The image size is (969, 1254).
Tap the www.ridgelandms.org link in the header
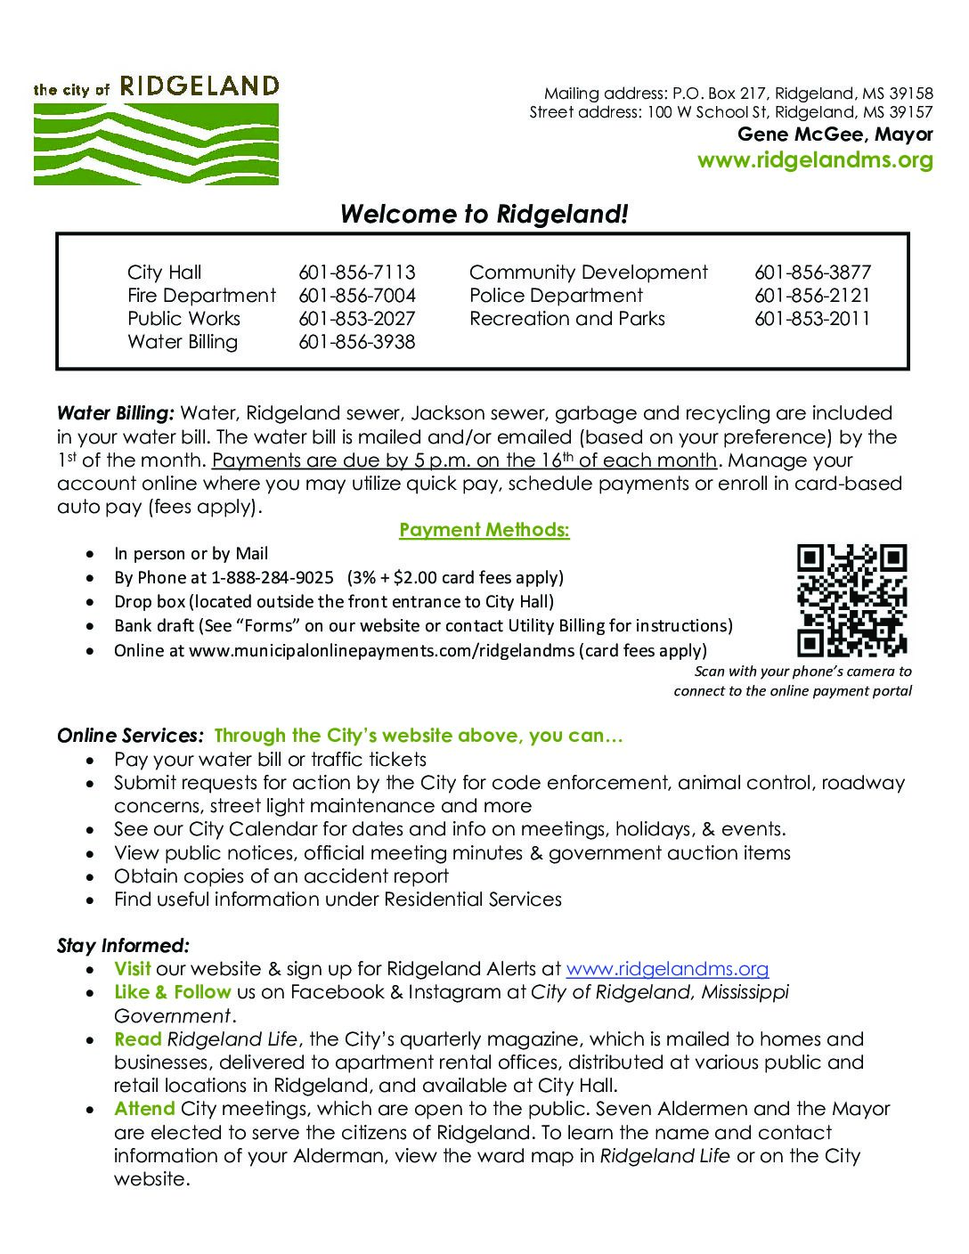click(x=814, y=160)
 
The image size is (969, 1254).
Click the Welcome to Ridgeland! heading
click(x=484, y=215)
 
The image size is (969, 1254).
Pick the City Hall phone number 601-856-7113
click(x=356, y=273)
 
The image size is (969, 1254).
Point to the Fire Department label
click(x=201, y=296)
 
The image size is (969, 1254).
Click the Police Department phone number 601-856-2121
click(x=811, y=296)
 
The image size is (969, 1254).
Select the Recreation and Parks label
click(x=566, y=319)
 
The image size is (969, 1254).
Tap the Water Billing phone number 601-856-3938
click(x=356, y=342)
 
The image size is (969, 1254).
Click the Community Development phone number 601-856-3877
click(x=811, y=273)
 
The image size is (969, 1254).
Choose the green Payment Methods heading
click(x=484, y=530)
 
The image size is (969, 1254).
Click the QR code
click(x=851, y=600)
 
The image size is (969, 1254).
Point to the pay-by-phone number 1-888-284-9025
click(x=273, y=577)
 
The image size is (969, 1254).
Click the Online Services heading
click(x=130, y=736)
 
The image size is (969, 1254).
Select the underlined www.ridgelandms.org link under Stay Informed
click(x=667, y=969)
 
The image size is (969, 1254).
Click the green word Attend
click(x=144, y=1109)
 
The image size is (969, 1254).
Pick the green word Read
click(x=137, y=1039)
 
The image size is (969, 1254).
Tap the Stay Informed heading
click(x=123, y=946)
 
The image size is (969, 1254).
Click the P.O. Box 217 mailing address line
click(x=738, y=94)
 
